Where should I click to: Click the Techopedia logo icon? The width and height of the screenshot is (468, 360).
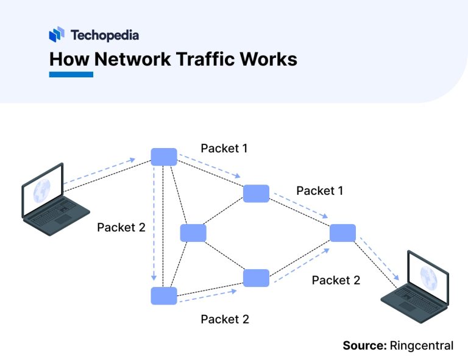[x=57, y=35]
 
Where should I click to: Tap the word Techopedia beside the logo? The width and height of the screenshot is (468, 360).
[x=104, y=35]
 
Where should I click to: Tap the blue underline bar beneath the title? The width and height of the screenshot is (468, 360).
[x=71, y=74]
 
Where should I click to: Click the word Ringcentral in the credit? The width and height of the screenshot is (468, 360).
[x=422, y=345]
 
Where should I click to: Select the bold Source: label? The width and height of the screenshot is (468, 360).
[x=364, y=345]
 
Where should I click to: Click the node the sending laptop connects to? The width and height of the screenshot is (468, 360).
[x=164, y=157]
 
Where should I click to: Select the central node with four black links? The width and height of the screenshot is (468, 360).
[x=193, y=233]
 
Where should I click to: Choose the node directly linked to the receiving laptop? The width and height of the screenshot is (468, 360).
[x=342, y=233]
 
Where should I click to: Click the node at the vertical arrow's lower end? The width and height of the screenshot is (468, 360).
[x=164, y=295]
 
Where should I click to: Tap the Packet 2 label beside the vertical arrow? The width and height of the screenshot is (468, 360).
[x=121, y=227]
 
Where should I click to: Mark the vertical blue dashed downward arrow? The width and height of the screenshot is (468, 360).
[x=155, y=225]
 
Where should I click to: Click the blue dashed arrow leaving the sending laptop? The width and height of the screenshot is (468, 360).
[x=97, y=172]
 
